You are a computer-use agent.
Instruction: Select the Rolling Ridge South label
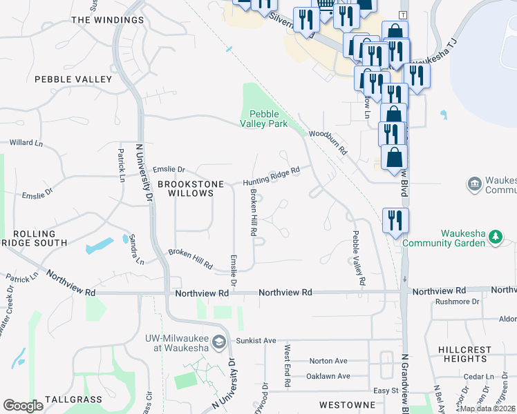coord(35,238)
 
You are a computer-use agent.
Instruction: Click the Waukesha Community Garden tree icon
coord(495,237)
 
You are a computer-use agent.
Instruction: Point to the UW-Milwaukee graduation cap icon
coord(219,342)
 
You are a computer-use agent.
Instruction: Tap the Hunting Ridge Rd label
coord(272,177)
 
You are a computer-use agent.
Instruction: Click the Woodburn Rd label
coord(328,141)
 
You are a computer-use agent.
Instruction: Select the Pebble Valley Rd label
coord(357,258)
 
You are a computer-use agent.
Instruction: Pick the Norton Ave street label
coord(328,361)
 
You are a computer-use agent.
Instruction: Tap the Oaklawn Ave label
coord(329,377)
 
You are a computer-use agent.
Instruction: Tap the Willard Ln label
coord(26,144)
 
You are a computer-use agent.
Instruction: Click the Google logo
coord(23,406)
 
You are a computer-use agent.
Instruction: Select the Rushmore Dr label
coord(458,302)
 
